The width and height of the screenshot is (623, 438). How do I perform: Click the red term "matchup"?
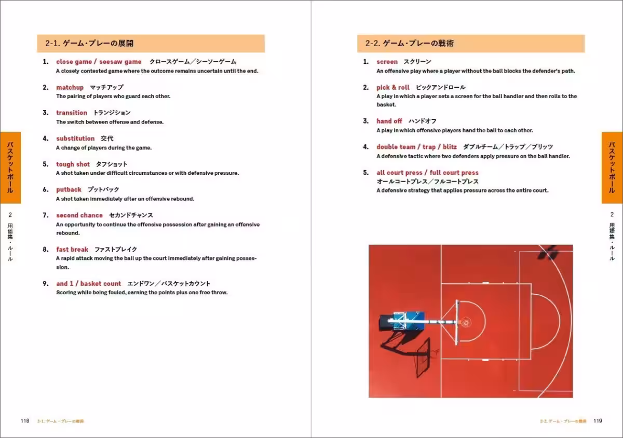tap(70, 87)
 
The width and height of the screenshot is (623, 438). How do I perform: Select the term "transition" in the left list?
tap(72, 113)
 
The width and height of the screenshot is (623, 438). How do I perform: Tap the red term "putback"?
tap(69, 189)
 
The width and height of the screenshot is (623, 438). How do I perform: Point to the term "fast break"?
tap(72, 249)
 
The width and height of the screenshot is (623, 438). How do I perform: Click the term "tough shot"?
tap(73, 164)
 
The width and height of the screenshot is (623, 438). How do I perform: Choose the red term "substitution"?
tap(75, 139)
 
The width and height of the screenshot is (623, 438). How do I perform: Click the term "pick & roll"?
tap(392, 87)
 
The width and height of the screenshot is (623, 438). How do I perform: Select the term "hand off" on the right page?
tap(389, 121)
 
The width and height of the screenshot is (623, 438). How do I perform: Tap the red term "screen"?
tap(387, 62)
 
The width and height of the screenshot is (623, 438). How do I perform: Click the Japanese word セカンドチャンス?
tap(131, 215)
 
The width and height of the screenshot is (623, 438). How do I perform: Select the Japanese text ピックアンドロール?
tap(441, 87)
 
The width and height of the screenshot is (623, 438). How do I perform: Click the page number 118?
tap(25, 421)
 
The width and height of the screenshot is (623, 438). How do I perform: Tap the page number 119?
tap(597, 421)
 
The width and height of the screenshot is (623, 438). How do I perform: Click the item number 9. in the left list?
tap(46, 283)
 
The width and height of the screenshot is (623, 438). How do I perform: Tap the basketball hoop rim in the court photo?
tap(465, 322)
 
